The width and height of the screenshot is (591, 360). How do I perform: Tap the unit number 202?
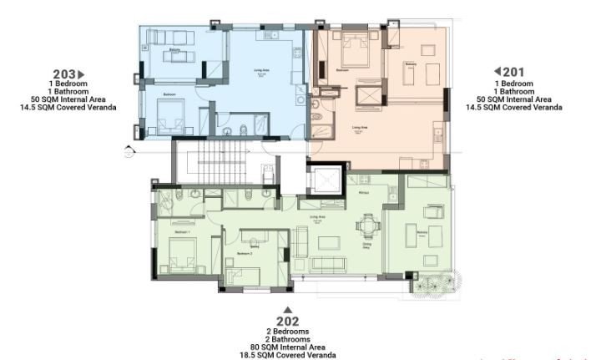pos(287,321)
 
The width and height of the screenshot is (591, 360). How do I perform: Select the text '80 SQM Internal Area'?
pos(287,347)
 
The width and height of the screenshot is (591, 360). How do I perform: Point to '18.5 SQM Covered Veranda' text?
pos(287,355)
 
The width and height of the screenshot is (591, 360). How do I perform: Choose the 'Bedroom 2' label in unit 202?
pos(244,252)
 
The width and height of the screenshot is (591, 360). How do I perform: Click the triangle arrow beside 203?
pos(82,74)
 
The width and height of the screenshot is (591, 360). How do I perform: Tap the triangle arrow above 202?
pos(287,310)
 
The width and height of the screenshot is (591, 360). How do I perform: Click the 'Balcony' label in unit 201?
pos(411,64)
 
